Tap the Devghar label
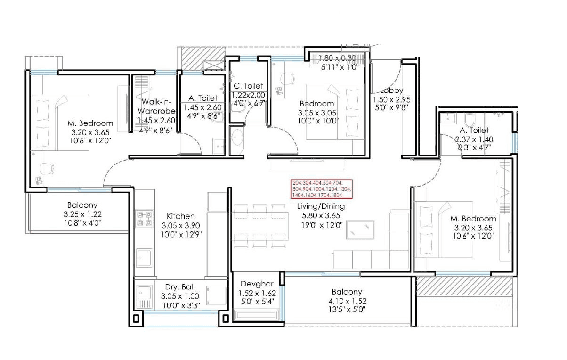pos(254,284)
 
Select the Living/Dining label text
pos(321,206)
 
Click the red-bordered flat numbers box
pos(322,188)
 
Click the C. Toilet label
pos(248,86)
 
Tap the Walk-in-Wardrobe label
pos(156,106)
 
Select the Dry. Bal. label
pos(180,287)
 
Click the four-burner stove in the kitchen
pos(145,218)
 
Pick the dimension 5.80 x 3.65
pos(321,216)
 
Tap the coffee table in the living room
pos(360,230)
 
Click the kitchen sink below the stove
pos(144,257)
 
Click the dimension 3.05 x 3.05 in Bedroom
pos(316,113)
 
